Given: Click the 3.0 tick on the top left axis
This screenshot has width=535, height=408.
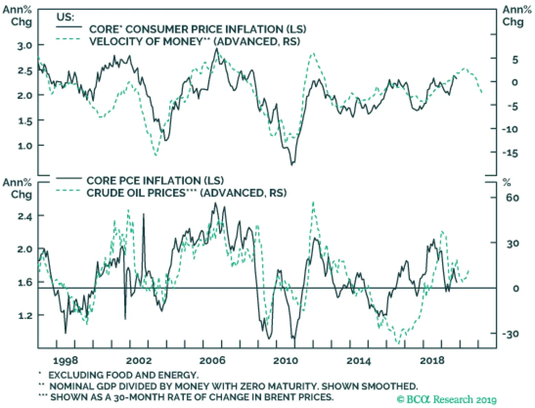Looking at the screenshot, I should click(25, 45).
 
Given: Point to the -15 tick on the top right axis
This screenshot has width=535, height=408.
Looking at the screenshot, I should click(510, 153).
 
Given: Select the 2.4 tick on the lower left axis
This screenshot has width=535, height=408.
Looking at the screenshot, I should click(25, 217).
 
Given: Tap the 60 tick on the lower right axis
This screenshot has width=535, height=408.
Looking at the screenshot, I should click(512, 198).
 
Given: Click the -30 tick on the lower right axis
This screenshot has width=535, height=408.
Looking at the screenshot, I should click(510, 334).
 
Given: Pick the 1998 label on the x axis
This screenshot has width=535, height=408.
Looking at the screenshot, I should click(65, 361).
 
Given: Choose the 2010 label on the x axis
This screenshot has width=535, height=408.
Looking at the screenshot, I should click(285, 361).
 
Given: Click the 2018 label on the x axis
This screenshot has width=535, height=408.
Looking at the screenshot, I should click(432, 361).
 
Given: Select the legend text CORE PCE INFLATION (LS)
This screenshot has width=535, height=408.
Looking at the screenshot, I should click(155, 181).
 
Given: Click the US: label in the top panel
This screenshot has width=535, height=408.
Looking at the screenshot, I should click(65, 17).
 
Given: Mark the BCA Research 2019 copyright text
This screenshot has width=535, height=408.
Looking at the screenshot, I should click(447, 399).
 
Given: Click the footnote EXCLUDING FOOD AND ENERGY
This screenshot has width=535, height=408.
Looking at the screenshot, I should click(123, 375).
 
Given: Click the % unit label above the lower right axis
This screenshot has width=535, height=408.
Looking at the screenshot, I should click(507, 183).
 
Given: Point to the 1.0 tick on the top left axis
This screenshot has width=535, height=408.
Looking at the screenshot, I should click(25, 146).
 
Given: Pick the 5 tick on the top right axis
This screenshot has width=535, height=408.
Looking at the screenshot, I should click(515, 60).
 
